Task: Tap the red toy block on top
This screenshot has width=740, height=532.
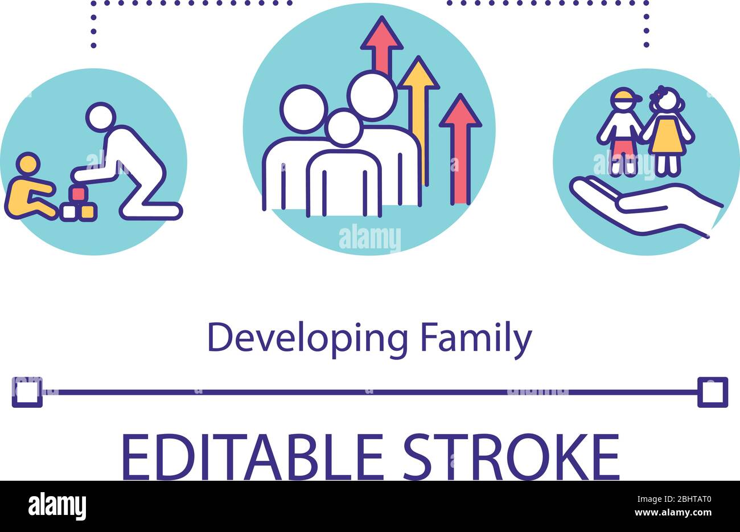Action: (76, 194)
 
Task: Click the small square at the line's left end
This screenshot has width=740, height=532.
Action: (27, 392)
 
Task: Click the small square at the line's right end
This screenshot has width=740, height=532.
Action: (713, 392)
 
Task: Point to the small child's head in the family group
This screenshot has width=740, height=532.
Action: (343, 128)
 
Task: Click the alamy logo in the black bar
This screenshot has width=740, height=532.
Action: (57, 506)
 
